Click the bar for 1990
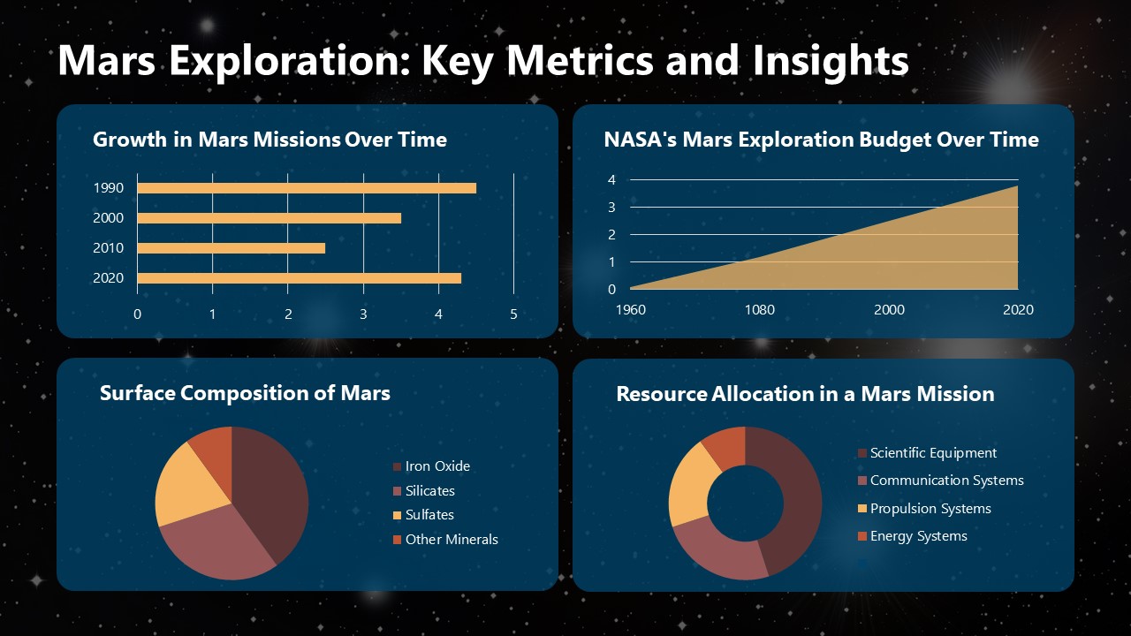click(x=306, y=188)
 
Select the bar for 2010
click(x=231, y=248)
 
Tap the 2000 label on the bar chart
click(x=108, y=218)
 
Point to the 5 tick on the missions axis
click(x=513, y=314)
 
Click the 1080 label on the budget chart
click(x=759, y=310)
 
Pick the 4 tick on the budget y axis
click(x=611, y=180)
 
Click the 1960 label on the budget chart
click(x=630, y=310)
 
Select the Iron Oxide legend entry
click(x=436, y=466)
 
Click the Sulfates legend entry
click(x=429, y=515)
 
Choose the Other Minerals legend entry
click(x=451, y=540)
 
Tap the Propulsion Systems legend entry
click(x=930, y=509)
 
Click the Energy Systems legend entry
click(x=918, y=536)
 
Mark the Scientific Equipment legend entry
click(x=932, y=453)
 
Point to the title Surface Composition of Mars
click(x=245, y=393)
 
